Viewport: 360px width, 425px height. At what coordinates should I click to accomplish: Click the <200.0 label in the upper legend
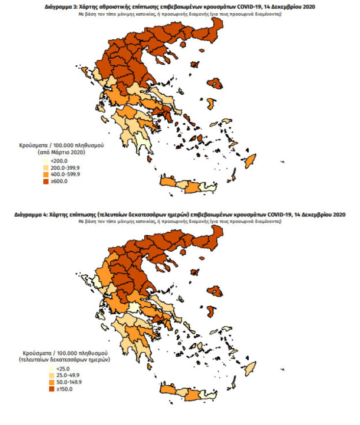coord(58,161)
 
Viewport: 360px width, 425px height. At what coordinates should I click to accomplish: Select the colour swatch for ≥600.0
coord(46,182)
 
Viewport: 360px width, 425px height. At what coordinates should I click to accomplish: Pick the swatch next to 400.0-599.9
coord(46,175)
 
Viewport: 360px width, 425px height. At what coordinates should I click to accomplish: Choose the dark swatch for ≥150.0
coord(46,389)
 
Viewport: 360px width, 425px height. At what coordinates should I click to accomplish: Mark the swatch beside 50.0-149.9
coord(46,382)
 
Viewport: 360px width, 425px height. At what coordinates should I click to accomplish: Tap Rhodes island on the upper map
coord(250,160)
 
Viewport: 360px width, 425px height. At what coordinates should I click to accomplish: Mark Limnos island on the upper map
coord(195,65)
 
